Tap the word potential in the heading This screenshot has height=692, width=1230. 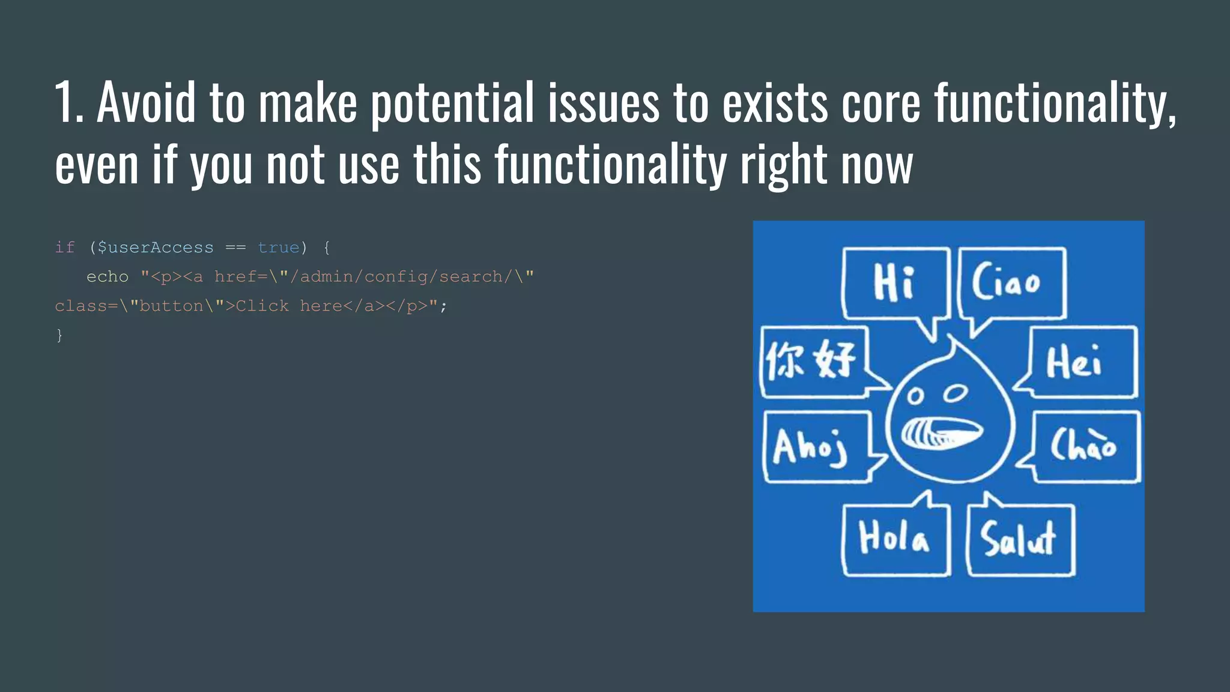[452, 103]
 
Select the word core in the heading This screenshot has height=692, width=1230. [880, 103]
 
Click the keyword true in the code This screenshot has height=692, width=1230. [278, 247]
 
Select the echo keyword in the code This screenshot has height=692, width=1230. [108, 277]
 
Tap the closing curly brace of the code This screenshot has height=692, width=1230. [59, 335]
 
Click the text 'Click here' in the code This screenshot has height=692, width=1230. [262, 306]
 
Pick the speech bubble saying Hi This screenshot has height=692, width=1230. [895, 282]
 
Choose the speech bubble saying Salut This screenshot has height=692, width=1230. [1020, 539]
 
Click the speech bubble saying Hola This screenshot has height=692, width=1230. [895, 538]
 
